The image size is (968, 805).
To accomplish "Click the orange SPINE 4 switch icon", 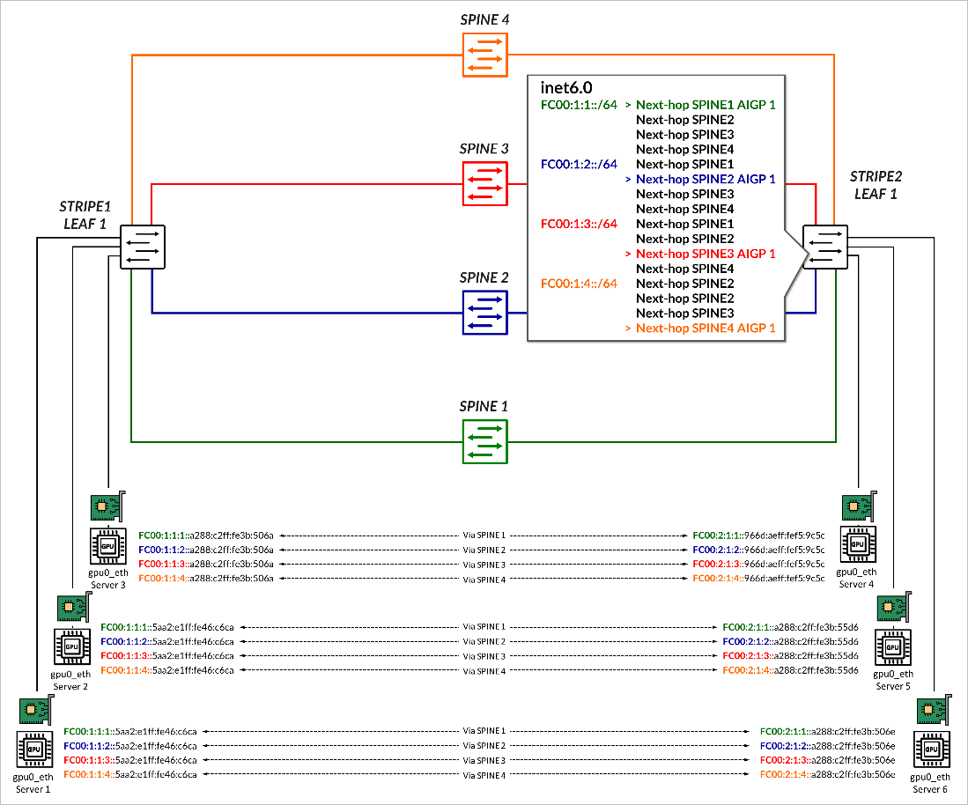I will click(484, 54).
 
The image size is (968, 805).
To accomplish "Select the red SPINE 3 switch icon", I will click(484, 182).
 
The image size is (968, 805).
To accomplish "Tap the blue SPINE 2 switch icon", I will click(484, 312).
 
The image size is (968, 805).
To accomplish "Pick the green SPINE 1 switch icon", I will click(484, 440).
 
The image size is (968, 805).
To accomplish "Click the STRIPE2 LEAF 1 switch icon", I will click(825, 245).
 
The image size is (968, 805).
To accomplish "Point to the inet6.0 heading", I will click(565, 88).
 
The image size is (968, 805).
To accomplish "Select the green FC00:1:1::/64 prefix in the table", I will click(579, 105).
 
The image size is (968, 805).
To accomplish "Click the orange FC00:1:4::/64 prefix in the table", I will click(579, 284).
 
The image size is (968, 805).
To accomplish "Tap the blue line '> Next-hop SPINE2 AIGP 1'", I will click(699, 179).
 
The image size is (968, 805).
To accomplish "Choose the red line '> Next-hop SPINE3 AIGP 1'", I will click(699, 254).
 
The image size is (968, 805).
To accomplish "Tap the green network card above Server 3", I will click(107, 508).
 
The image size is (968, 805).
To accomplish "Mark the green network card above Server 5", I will click(893, 608).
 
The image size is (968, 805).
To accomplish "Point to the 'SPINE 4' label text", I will click(484, 18).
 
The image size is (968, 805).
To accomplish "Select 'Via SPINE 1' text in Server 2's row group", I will click(484, 626).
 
